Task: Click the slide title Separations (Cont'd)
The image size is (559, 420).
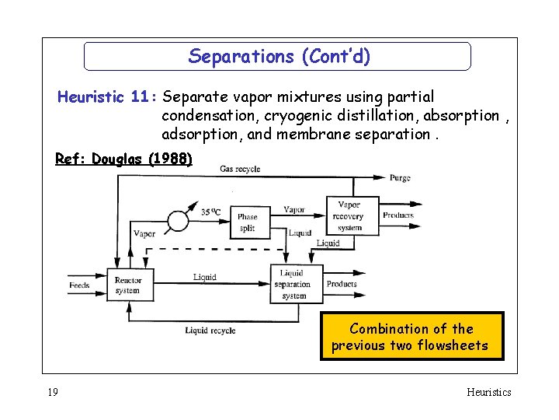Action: tap(279, 57)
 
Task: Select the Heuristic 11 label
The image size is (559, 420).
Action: tap(106, 97)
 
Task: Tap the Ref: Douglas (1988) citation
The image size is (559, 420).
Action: tap(123, 159)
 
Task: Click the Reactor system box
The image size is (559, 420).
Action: tap(127, 285)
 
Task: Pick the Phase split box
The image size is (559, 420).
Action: tap(248, 222)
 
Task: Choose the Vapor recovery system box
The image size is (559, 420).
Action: tap(350, 216)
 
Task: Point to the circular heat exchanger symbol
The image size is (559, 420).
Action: tap(178, 221)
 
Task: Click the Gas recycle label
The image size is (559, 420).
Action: tap(240, 169)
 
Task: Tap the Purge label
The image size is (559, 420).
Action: tap(401, 178)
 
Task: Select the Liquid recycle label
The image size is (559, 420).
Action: tap(210, 331)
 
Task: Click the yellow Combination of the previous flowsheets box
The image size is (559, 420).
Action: tap(411, 337)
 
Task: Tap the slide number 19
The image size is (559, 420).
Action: tap(52, 392)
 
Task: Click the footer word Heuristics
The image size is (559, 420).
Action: tap(488, 392)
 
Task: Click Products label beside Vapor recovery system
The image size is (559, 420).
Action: tap(398, 215)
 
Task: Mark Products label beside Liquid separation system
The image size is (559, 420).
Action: tap(342, 285)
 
